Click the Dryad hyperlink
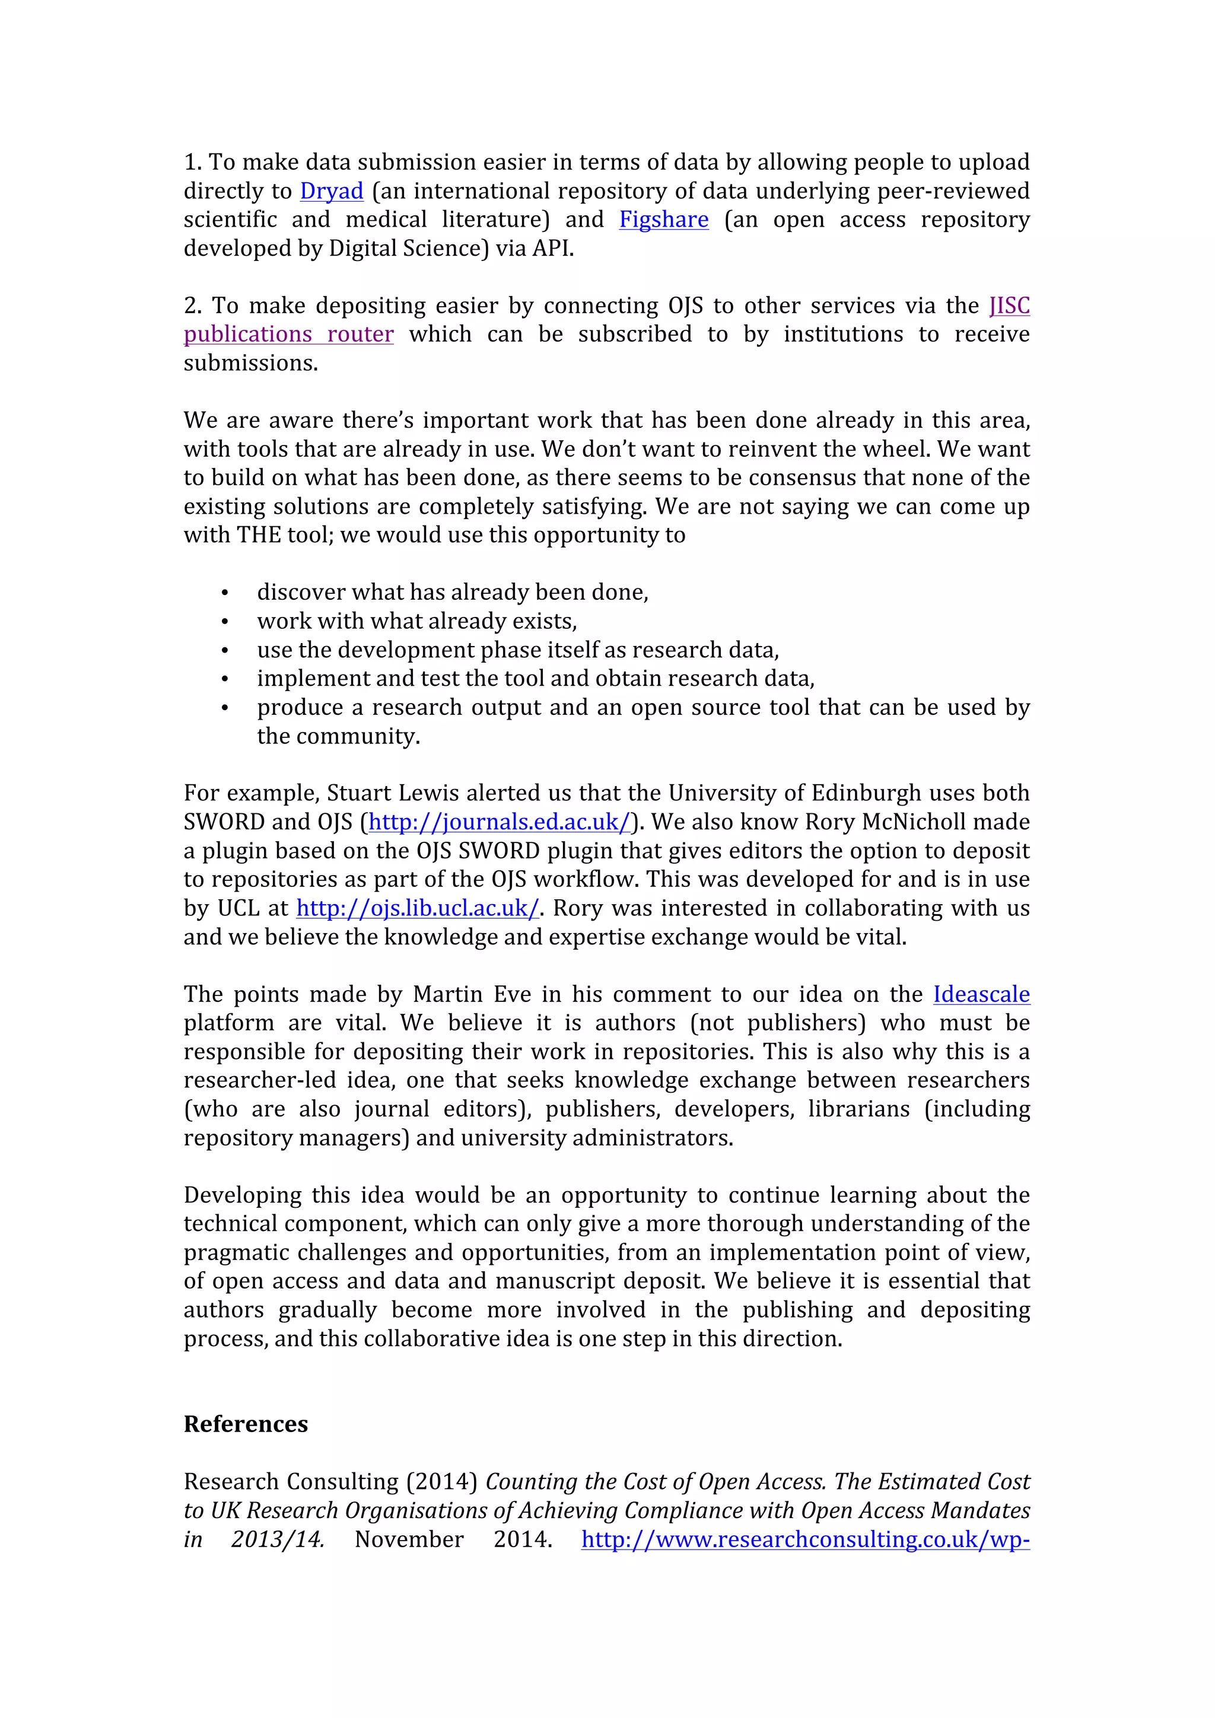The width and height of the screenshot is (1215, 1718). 332,192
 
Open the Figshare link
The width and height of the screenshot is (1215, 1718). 664,220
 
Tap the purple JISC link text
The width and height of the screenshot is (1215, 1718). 1009,306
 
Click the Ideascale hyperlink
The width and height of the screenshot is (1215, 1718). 981,994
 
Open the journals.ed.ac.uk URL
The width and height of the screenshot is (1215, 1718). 500,822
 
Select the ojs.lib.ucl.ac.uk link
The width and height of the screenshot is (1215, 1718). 418,908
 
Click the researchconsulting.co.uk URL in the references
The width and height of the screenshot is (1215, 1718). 805,1540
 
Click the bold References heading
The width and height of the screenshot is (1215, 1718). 246,1424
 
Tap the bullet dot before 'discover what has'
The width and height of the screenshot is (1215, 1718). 224,593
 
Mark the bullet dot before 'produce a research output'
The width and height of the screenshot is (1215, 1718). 224,708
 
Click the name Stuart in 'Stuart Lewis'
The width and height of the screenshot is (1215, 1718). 355,793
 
